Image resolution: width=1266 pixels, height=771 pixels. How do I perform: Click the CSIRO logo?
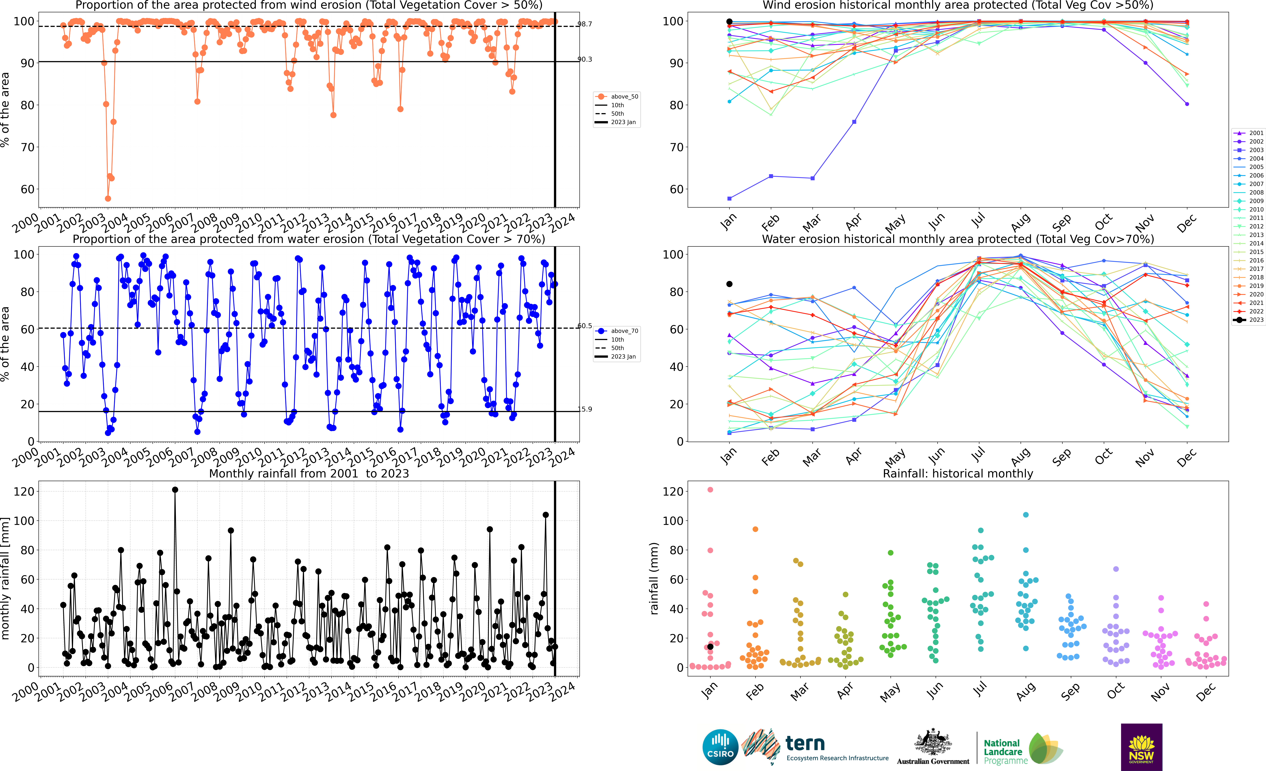point(720,747)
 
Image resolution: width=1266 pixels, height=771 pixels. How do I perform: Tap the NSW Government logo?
point(1141,747)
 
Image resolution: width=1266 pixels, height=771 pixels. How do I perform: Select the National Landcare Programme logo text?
point(1005,751)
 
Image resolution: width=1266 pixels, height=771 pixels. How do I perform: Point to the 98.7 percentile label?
point(585,24)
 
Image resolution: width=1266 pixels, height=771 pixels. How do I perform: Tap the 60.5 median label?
point(585,326)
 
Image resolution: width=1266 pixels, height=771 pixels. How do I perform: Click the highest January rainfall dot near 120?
point(710,490)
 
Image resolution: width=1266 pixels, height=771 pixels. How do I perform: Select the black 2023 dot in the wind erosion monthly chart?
point(729,22)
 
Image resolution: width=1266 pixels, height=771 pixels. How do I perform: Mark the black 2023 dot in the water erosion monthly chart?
point(729,284)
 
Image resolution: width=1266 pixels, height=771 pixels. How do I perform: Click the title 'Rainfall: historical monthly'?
point(958,473)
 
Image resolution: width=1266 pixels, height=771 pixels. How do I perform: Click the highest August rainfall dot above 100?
point(1026,514)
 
